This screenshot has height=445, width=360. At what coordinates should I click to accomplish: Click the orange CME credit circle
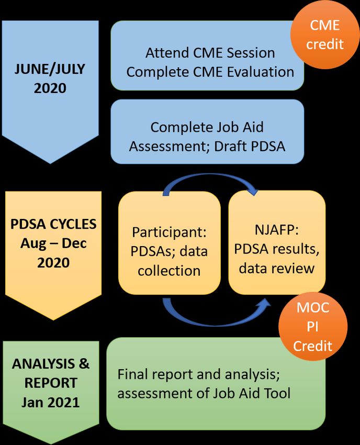(x=325, y=35)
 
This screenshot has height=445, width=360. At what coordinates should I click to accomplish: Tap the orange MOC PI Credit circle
(x=313, y=326)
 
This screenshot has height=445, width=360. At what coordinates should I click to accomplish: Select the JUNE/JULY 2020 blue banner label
(x=50, y=79)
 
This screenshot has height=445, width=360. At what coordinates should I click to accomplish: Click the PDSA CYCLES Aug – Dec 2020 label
(x=53, y=243)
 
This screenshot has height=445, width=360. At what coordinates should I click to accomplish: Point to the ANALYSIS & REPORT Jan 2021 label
(x=51, y=383)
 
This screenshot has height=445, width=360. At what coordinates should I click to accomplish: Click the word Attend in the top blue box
(x=167, y=53)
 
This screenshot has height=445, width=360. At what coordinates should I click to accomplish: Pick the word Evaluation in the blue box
(x=261, y=72)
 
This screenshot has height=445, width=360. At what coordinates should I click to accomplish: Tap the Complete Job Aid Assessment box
(x=207, y=132)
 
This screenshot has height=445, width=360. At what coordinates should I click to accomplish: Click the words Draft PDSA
(x=250, y=147)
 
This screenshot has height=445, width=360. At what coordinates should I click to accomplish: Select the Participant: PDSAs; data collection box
(x=170, y=242)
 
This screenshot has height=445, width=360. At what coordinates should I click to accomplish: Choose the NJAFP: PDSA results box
(x=277, y=242)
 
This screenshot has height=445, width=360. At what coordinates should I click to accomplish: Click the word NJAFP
(x=277, y=230)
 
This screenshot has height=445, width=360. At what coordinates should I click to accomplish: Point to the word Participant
(x=169, y=232)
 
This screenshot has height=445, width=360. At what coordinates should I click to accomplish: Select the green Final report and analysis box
(x=216, y=383)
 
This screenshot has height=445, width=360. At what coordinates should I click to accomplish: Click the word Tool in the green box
(x=277, y=393)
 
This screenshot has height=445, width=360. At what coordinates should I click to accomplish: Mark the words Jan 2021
(x=51, y=402)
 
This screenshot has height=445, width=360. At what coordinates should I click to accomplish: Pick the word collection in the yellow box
(x=169, y=271)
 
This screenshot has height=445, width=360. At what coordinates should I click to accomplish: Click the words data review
(x=277, y=268)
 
